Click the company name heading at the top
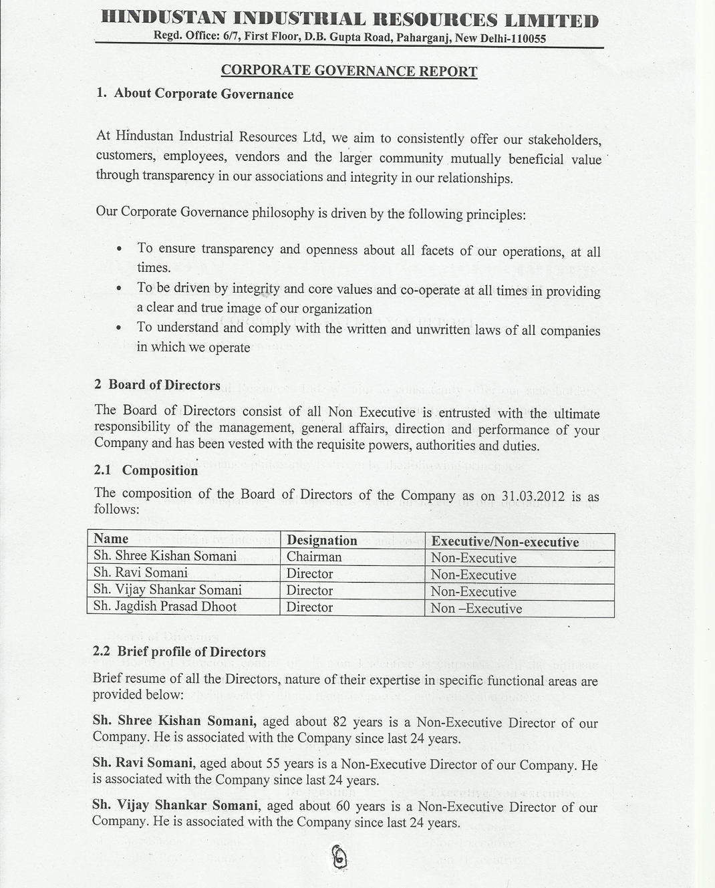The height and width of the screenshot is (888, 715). point(349,19)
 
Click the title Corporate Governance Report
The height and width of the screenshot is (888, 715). point(349,71)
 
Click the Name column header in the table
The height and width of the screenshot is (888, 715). point(111,539)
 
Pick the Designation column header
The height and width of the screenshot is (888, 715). point(321,541)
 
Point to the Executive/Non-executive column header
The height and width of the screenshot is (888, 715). point(505,542)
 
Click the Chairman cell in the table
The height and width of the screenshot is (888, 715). point(313,557)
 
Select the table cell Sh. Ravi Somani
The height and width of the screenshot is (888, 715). point(140,573)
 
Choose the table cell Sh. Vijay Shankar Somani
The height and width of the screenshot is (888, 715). point(167,590)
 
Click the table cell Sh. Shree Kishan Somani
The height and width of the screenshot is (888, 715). point(164,556)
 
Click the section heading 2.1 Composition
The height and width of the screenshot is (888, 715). point(146,470)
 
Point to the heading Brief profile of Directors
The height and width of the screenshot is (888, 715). point(191,651)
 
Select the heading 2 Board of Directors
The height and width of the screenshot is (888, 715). point(157,385)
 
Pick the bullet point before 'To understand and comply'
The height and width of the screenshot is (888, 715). point(118,328)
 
